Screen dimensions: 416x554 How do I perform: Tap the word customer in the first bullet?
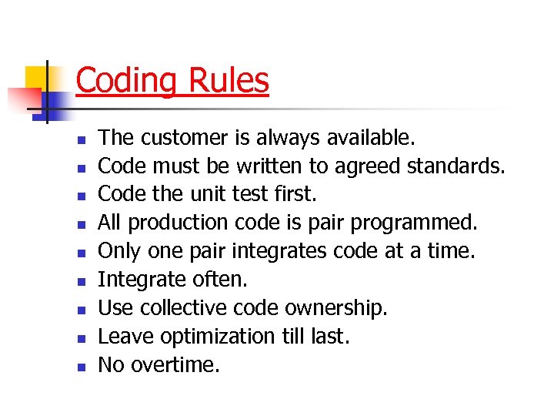(x=182, y=138)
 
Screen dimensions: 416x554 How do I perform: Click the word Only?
(x=119, y=252)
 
